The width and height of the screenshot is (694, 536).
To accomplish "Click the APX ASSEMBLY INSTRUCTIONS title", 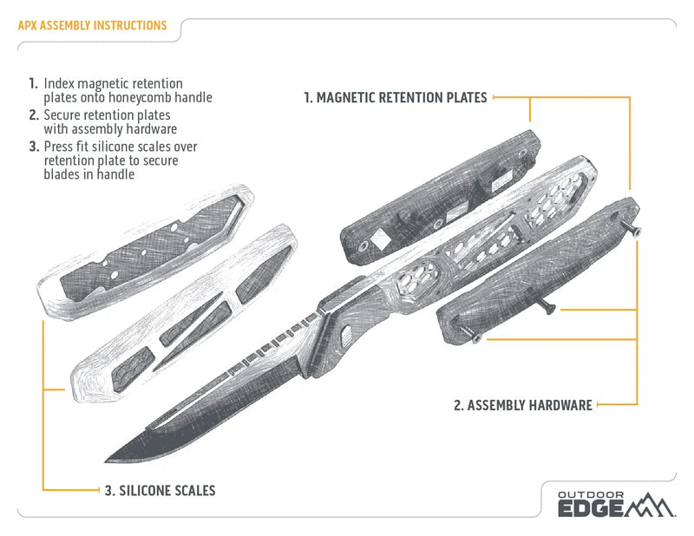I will (92, 26).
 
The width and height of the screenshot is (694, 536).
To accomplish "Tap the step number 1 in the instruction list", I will (32, 84).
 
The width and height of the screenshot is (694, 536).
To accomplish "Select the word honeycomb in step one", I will (147, 98).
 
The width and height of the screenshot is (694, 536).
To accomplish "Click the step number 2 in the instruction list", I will (33, 114).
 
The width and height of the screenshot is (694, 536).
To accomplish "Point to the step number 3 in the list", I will (33, 146).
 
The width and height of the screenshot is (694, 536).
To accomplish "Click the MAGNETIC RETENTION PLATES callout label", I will (395, 98).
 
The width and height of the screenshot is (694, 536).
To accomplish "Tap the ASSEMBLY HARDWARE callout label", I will (523, 404).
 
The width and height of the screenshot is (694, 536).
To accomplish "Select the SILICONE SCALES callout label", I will (160, 491).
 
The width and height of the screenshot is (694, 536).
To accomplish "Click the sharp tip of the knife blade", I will (108, 459).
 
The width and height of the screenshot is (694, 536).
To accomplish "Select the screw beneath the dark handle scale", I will (547, 307).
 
